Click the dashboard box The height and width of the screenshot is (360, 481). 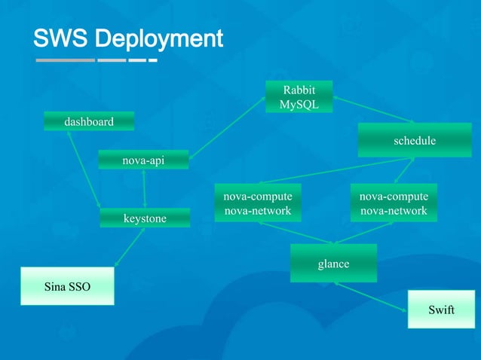pyautogui.click(x=89, y=121)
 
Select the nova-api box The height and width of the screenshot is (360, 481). pyautogui.click(x=143, y=160)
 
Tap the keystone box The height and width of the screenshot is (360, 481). pyautogui.click(x=145, y=218)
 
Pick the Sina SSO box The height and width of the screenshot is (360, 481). pyautogui.click(x=67, y=286)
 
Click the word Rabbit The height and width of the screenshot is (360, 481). pyautogui.click(x=299, y=91)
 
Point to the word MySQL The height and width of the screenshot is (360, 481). pyautogui.click(x=299, y=105)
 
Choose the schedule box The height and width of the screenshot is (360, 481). pyautogui.click(x=414, y=141)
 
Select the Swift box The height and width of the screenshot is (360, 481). pyautogui.click(x=441, y=310)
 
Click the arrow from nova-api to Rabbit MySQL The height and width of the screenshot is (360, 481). pyautogui.click(x=227, y=127)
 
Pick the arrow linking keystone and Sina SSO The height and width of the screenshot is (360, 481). pyautogui.click(x=130, y=246)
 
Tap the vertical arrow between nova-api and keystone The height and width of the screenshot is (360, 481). pyautogui.click(x=144, y=188)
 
